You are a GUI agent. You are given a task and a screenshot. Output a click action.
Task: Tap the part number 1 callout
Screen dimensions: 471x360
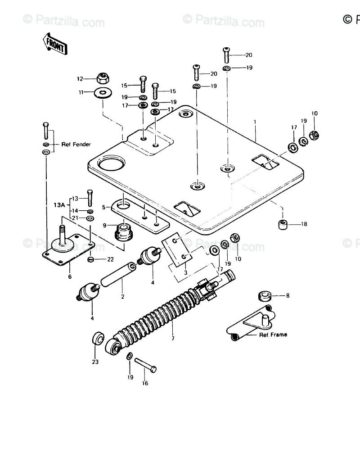point(255,121)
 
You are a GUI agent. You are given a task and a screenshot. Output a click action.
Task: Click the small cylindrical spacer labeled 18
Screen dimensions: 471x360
point(282,224)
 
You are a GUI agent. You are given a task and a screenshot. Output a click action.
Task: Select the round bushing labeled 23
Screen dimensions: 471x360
point(98,338)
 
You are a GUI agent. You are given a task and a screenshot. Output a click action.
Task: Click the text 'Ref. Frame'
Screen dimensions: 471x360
point(273,335)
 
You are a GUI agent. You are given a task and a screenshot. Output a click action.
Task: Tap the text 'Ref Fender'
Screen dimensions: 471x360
point(76,144)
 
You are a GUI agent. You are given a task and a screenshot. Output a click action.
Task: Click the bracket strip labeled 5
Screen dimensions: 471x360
point(139,215)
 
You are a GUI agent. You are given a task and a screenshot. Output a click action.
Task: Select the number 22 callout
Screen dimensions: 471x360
point(110,259)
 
